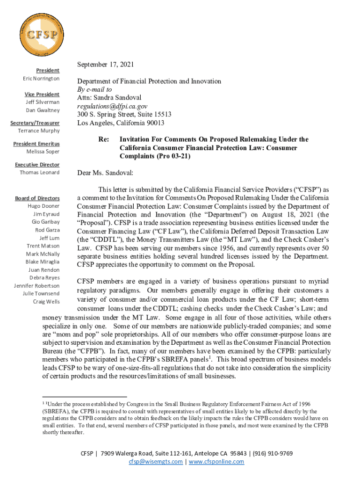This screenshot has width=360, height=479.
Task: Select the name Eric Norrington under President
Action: tap(42, 78)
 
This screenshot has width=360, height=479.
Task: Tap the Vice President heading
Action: tap(43, 94)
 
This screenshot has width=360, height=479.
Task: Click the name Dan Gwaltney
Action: tap(43, 110)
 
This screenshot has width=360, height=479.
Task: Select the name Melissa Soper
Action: tap(43, 152)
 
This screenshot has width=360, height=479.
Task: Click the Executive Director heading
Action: tap(37, 165)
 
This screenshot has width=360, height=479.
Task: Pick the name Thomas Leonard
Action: tap(40, 173)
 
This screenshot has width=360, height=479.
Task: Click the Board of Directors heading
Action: tap(37, 198)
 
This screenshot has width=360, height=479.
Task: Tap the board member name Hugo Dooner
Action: tap(43, 206)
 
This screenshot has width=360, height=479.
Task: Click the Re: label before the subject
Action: tap(103, 139)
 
